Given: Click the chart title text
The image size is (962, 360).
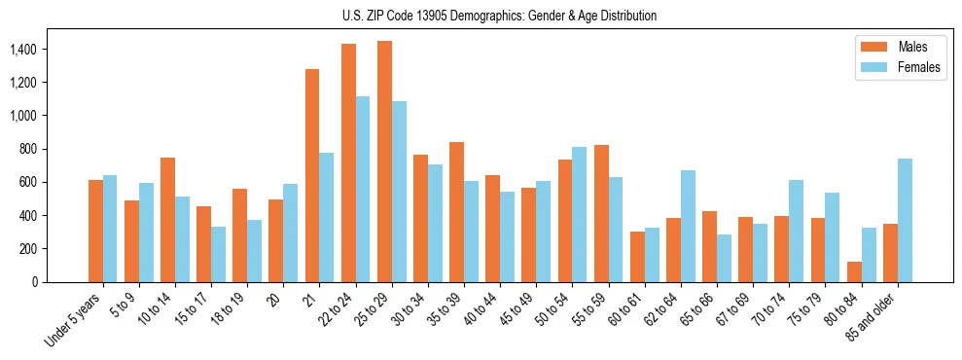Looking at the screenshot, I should (x=500, y=16).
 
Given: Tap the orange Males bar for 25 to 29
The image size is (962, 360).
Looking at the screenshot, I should (x=384, y=162).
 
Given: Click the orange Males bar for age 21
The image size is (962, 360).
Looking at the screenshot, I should (x=312, y=175).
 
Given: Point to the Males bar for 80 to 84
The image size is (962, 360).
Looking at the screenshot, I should (x=854, y=271).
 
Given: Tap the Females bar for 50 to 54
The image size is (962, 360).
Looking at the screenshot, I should (x=580, y=214).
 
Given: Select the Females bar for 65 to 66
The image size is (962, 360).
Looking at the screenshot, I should (x=724, y=258).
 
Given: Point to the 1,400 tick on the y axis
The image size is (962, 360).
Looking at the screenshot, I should (x=39, y=50).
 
